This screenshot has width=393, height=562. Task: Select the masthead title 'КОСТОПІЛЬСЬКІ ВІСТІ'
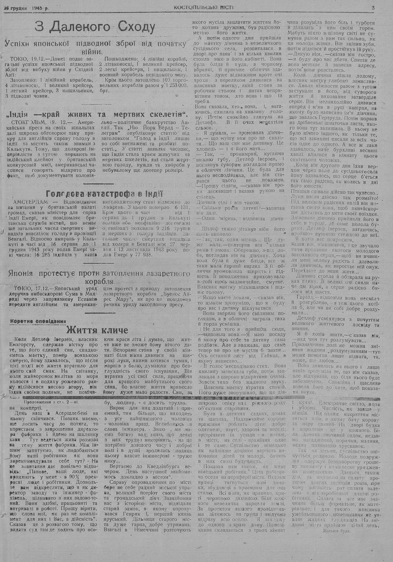coord(203,7)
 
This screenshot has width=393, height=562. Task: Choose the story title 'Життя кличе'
coord(97,330)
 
